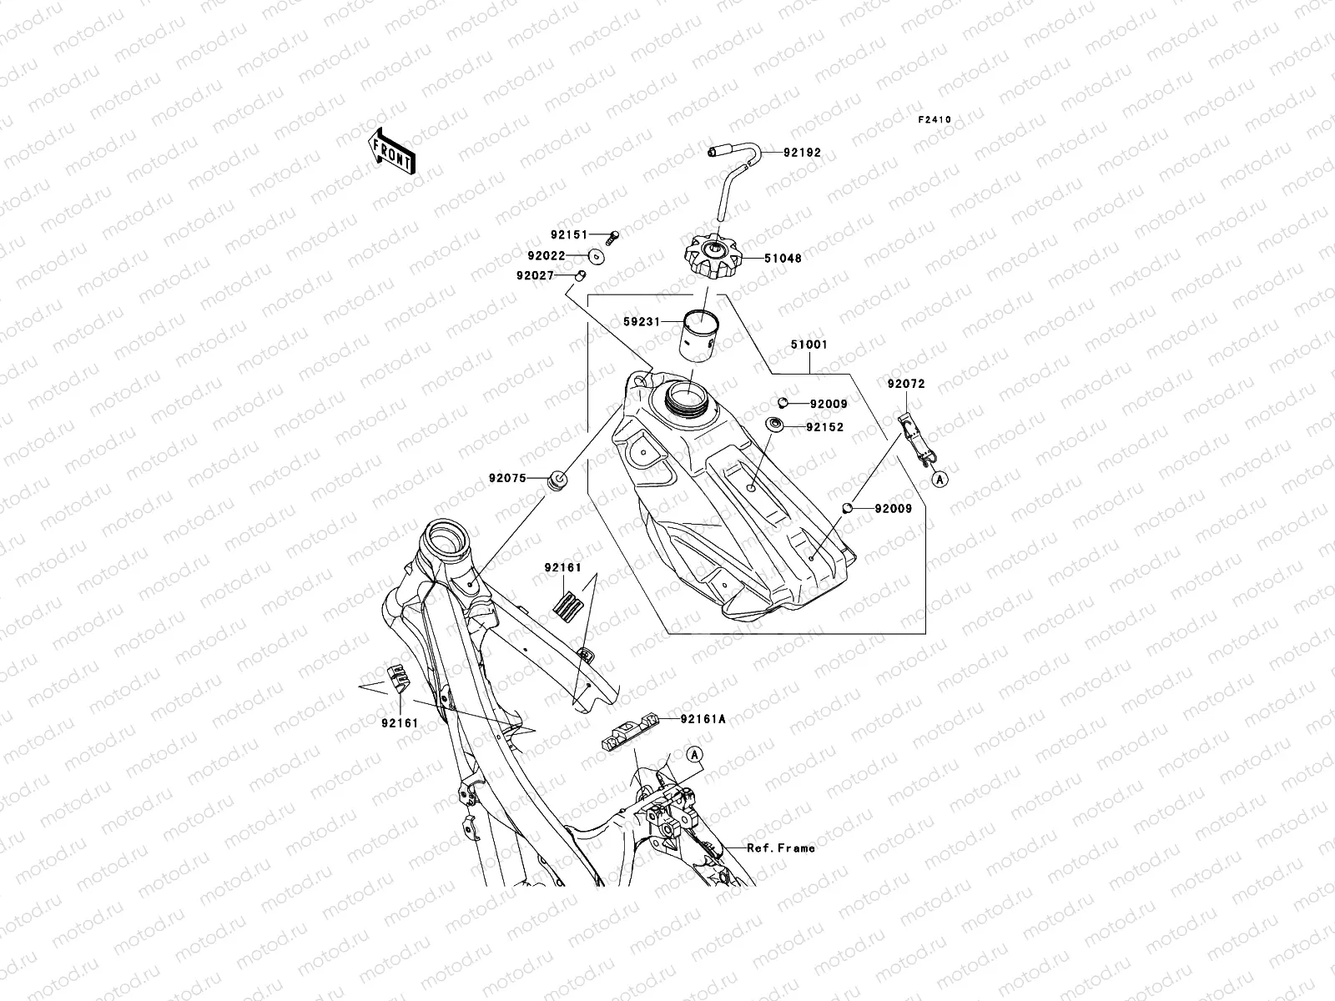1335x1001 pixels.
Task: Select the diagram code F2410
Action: tap(934, 120)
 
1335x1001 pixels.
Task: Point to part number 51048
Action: tap(782, 259)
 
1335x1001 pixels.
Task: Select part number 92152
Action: tap(824, 427)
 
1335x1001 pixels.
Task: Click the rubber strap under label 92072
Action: tap(916, 438)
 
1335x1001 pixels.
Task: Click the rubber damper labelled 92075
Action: tap(557, 480)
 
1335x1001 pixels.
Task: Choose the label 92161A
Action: tap(703, 718)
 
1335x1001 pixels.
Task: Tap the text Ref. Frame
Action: tap(780, 848)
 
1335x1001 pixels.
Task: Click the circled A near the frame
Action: tap(695, 754)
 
